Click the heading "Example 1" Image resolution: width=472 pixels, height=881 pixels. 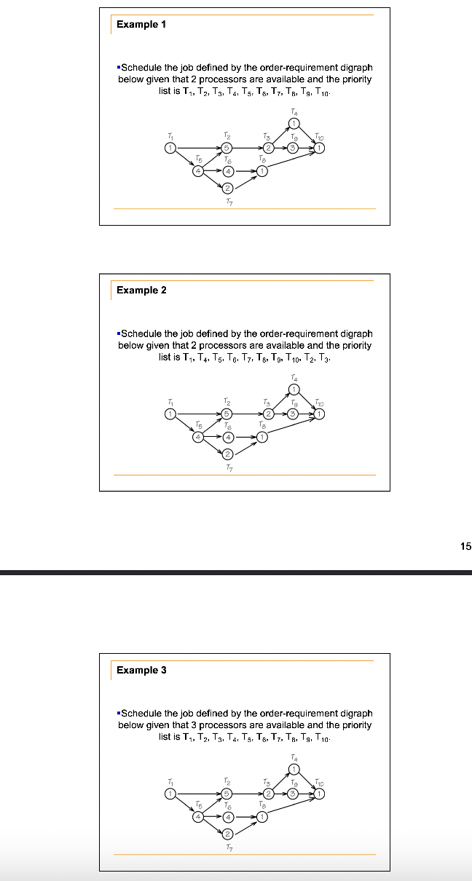coord(141,25)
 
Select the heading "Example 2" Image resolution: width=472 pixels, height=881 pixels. coord(141,290)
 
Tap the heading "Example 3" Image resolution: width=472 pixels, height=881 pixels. coord(141,670)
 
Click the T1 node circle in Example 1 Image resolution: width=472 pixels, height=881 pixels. coord(170,149)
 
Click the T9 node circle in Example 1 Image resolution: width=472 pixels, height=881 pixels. coord(293,149)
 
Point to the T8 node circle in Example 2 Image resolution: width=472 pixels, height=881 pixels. coord(261,438)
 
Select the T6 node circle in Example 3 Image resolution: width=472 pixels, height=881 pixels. coord(227,818)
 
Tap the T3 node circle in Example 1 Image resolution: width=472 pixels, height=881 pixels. coord(267,149)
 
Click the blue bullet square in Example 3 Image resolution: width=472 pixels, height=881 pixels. coord(118,714)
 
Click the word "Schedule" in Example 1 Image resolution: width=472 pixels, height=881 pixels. coord(141,68)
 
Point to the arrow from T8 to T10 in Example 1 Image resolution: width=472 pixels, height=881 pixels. coord(290,162)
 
